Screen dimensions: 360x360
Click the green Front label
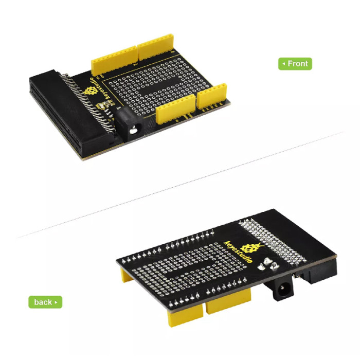pos(295,64)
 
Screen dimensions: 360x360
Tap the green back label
pos(45,302)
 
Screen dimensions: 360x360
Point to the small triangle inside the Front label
pos(284,64)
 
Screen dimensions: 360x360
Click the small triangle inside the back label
pos(56,302)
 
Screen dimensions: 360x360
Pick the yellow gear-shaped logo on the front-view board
pos(91,91)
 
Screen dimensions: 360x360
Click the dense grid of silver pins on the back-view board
pos(272,242)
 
